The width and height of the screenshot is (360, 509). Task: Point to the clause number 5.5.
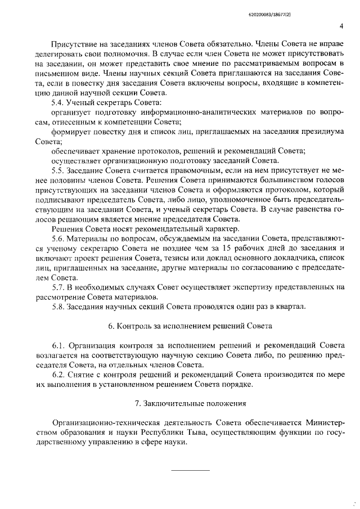tap(58, 170)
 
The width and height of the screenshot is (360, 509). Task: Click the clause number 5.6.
tap(58, 238)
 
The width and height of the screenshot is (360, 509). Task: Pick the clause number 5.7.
tap(58, 286)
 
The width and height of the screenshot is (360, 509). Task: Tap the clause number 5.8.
tap(58, 306)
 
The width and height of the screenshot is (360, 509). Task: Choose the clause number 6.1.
tap(58, 345)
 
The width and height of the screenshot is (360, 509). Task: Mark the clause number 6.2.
tap(58, 375)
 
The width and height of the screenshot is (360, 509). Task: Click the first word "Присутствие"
tap(75, 43)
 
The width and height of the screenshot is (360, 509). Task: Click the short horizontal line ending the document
tap(190, 469)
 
